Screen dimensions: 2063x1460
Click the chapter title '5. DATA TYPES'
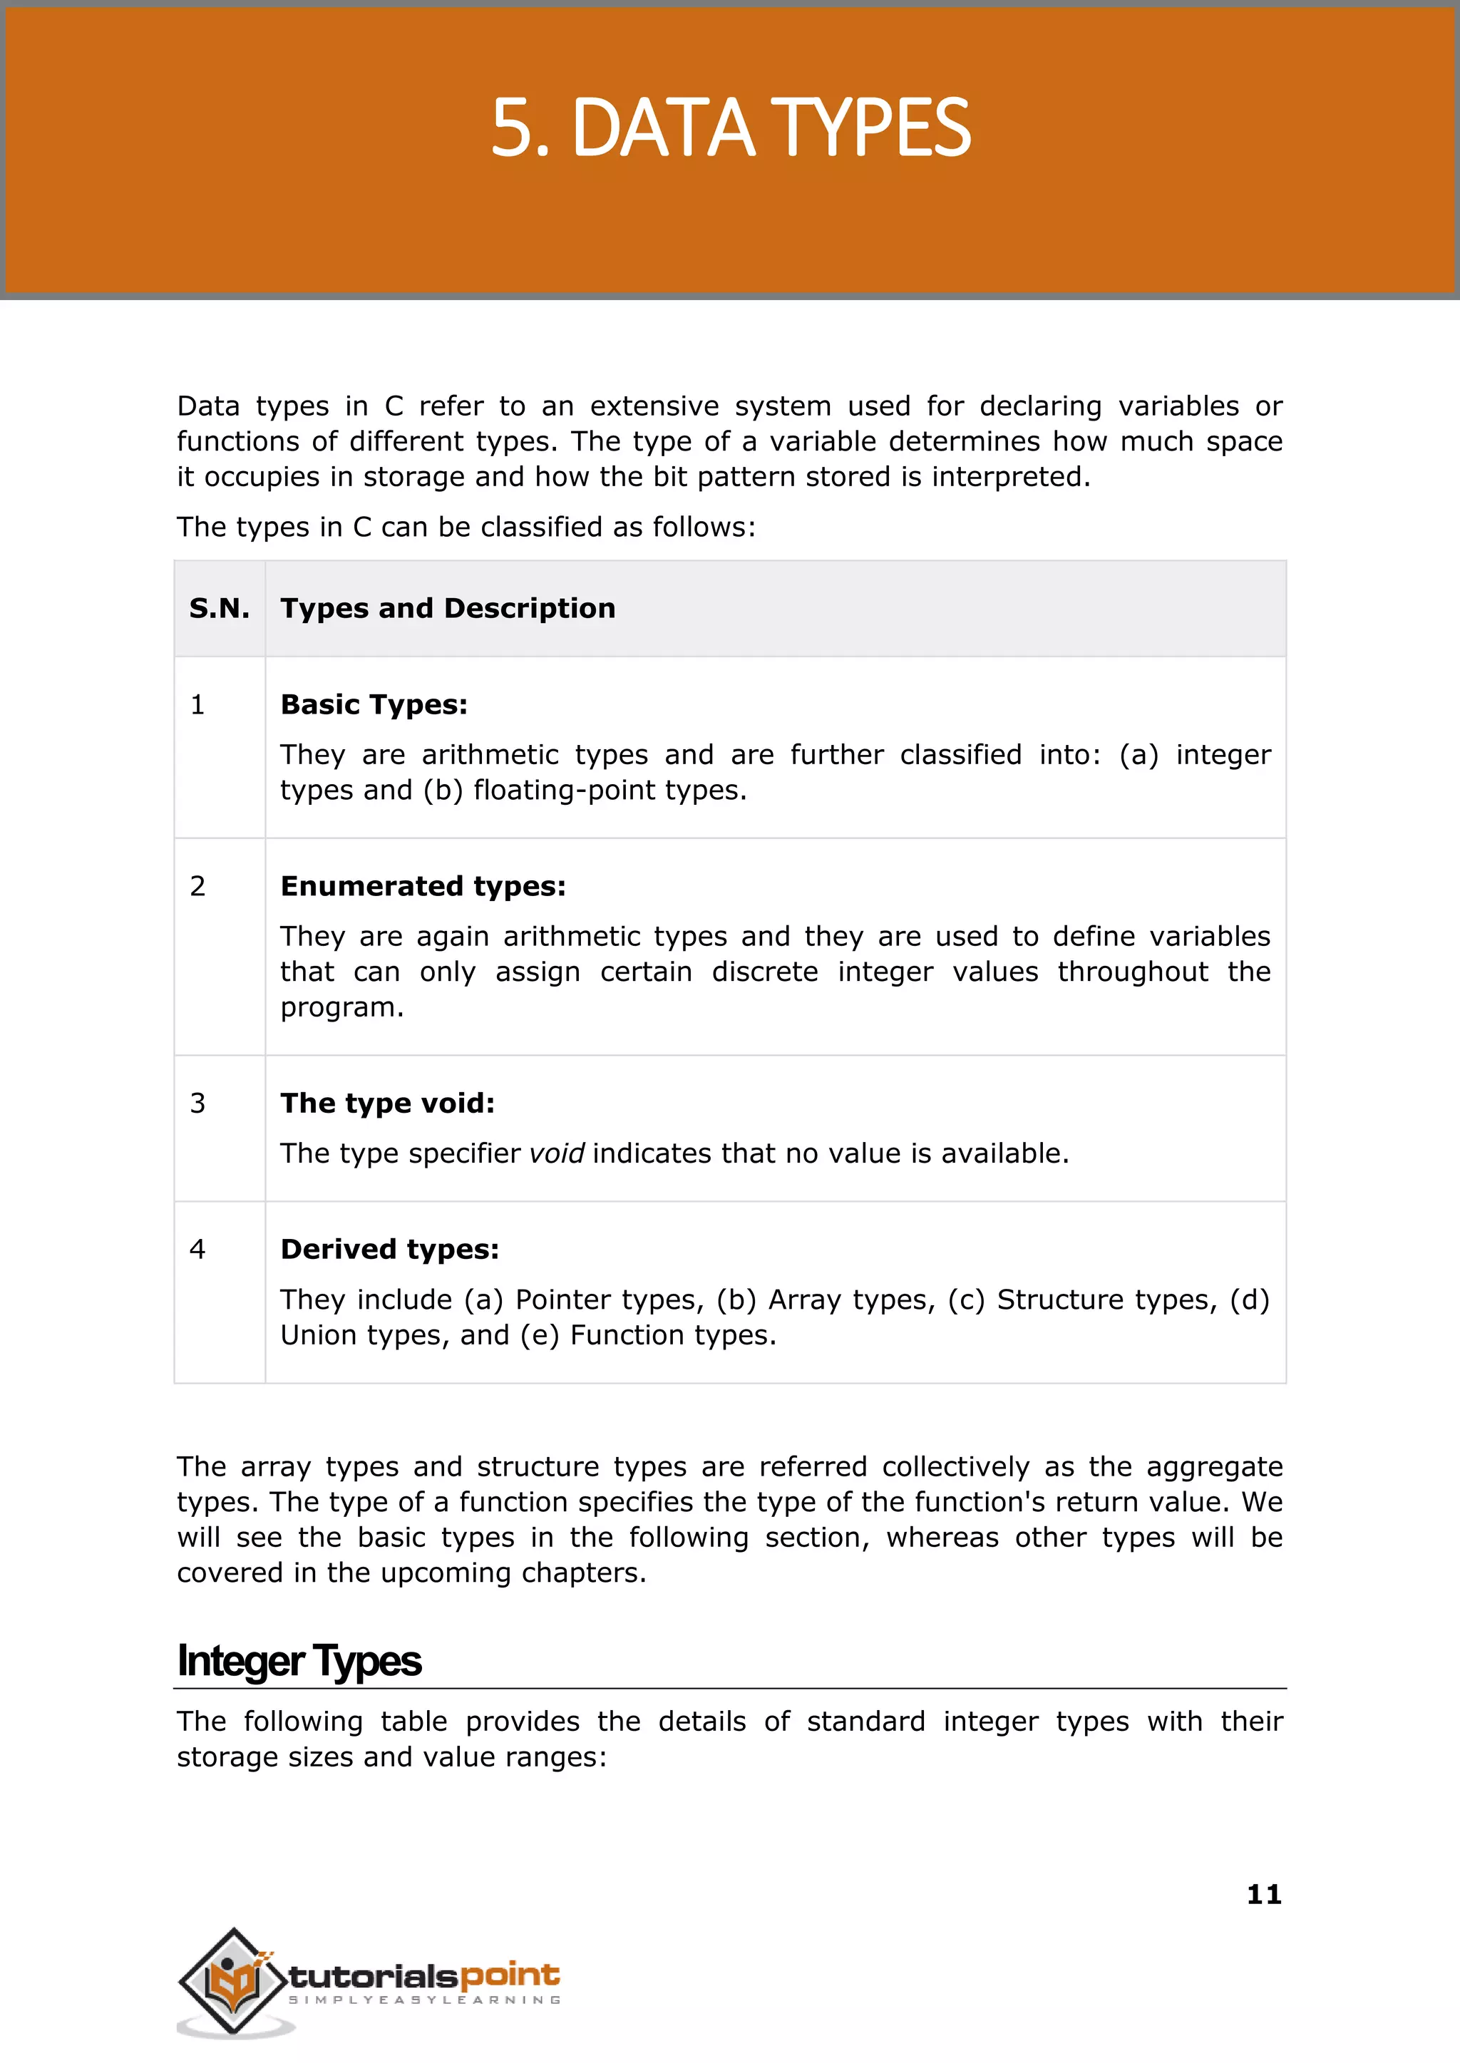tap(730, 128)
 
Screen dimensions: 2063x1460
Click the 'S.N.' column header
tap(220, 609)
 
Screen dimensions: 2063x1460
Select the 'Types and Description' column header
tap(448, 609)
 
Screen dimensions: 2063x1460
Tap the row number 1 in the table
tap(197, 705)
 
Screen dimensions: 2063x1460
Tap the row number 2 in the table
tap(197, 886)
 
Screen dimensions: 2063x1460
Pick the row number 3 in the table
tap(197, 1103)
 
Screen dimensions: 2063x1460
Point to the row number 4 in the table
tap(197, 1249)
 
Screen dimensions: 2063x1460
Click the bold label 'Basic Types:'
tap(374, 705)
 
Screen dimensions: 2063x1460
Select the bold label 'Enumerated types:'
tap(423, 886)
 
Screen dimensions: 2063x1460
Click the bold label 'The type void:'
tap(388, 1103)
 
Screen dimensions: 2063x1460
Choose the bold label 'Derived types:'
tap(389, 1250)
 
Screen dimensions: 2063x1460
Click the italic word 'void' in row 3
tap(557, 1153)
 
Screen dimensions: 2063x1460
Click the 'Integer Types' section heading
tap(299, 1661)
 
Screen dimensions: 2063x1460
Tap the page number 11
tap(1264, 1894)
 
